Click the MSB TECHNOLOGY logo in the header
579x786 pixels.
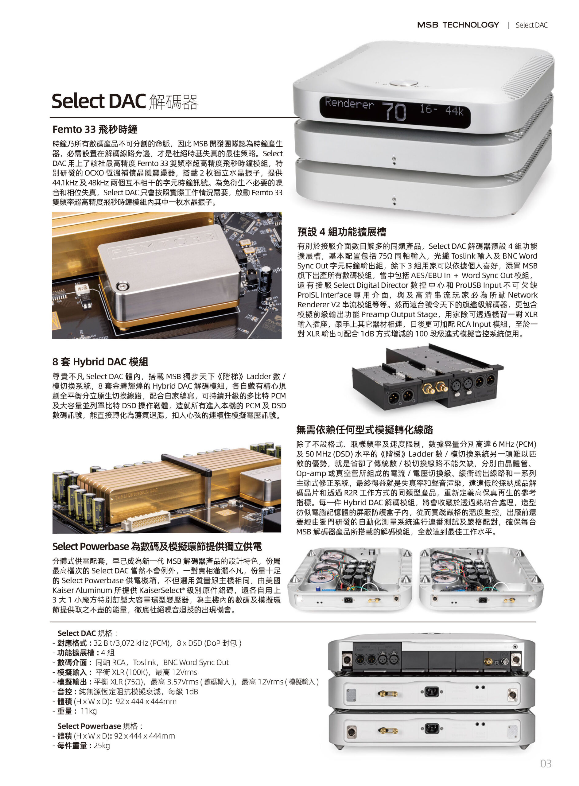(458, 25)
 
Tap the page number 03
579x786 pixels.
(546, 764)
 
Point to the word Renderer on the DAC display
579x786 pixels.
(349, 103)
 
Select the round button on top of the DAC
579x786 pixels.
(403, 83)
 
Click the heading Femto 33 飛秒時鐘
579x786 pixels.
(95, 129)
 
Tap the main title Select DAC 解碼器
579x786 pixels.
(125, 101)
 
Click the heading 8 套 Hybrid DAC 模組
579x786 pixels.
(100, 362)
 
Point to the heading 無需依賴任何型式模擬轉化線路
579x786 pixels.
(364, 430)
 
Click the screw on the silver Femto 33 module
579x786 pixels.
(122, 286)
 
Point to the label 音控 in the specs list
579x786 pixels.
(65, 691)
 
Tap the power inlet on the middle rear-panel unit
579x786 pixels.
(431, 692)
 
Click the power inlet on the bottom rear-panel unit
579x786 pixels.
(431, 729)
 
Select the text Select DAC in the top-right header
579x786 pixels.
(531, 25)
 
